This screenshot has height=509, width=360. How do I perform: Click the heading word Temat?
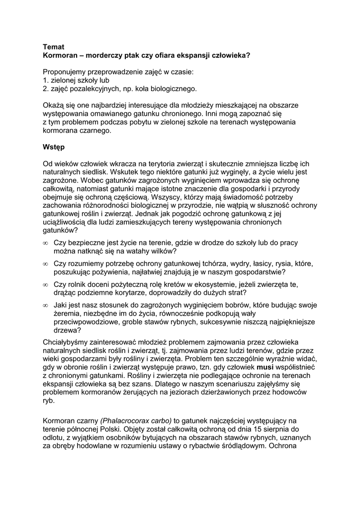[54, 47]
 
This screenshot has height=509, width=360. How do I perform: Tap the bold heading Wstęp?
[54, 147]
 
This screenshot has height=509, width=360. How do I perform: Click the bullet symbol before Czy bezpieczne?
[45, 243]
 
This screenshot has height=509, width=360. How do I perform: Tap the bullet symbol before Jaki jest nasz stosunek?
[45, 305]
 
